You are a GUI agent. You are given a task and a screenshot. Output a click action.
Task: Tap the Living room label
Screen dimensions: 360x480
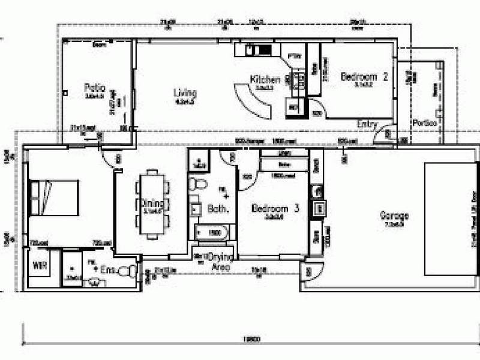click(x=185, y=93)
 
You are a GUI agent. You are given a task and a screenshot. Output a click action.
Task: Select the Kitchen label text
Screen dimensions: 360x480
click(x=265, y=79)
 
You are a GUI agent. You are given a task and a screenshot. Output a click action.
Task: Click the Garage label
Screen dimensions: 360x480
click(x=394, y=215)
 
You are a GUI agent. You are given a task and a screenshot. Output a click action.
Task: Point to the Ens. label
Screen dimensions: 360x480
click(x=109, y=271)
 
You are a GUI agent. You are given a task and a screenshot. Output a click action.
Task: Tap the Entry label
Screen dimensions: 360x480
click(x=367, y=124)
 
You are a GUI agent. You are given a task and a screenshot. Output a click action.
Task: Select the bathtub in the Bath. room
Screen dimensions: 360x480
click(x=212, y=232)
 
